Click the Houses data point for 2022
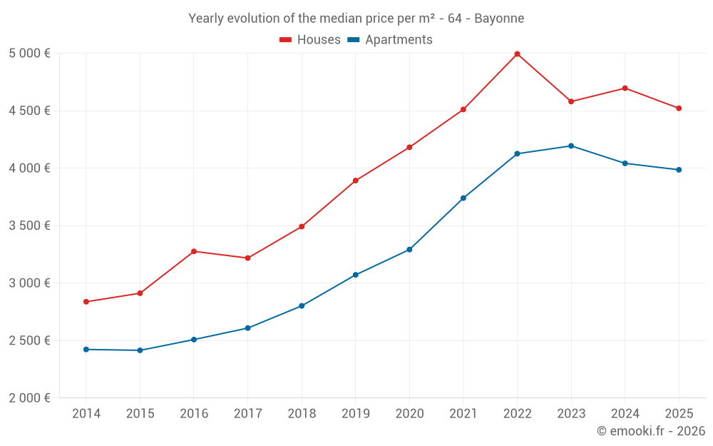517,54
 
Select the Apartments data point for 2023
571,146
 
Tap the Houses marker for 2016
194,251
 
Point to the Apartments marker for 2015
140,350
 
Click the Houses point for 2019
356,181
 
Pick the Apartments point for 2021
463,198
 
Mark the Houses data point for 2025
679,108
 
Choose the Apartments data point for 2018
302,306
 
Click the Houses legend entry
310,40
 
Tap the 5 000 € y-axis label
29,54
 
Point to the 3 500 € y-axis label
29,225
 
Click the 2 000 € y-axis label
29,398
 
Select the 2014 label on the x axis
86,414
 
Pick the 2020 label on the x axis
409,414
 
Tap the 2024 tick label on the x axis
625,414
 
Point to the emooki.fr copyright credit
651,431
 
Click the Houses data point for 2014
86,302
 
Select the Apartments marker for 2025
679,170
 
